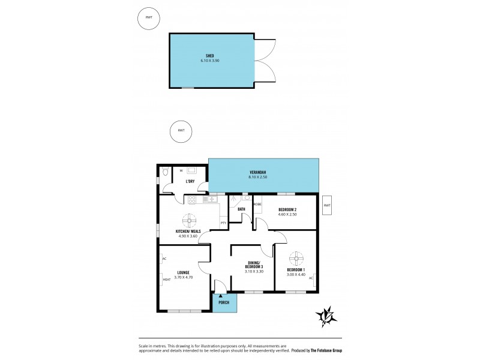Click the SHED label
pos(210,55)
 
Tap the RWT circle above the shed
pos(148,18)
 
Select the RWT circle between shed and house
pos(181,131)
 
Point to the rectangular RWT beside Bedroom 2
pos(327,205)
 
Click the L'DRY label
pos(190,181)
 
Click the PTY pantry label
pos(223,223)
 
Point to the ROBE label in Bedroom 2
pos(257,205)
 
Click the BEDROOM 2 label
pos(288,209)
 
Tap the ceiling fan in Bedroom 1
pos(296,259)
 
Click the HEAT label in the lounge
pos(167,279)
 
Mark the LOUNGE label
pos(183,272)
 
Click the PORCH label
pos(224,302)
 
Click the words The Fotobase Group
pos(331,350)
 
